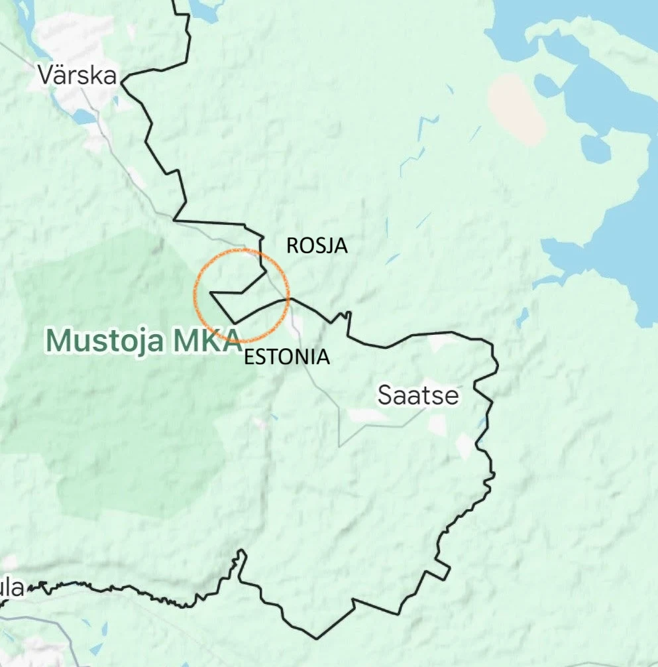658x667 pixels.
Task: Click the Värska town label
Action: (77, 74)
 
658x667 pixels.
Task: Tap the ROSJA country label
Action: (316, 246)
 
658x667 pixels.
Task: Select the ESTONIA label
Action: (286, 357)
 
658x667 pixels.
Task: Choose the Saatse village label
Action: (418, 395)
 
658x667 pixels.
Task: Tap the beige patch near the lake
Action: (516, 109)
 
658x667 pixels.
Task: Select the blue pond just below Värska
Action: (85, 117)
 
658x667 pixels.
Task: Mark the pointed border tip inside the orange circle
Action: (211, 292)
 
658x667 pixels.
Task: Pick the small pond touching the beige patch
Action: (545, 85)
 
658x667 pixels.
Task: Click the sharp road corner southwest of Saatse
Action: (340, 445)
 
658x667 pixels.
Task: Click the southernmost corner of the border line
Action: (316, 638)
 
